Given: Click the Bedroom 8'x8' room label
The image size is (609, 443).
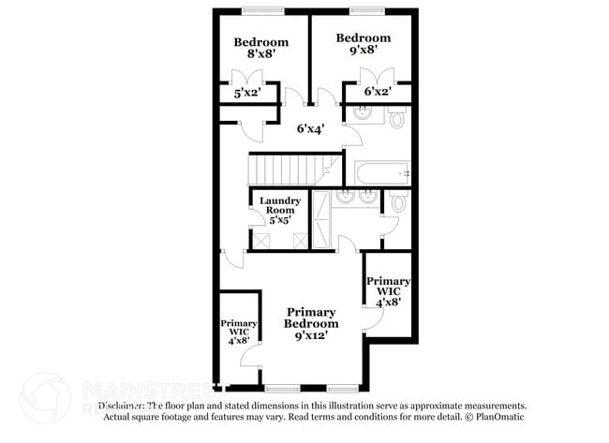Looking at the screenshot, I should point(260,49).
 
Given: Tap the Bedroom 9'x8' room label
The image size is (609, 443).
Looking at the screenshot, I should point(363,44).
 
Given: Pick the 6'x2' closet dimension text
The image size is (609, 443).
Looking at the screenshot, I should point(377,92).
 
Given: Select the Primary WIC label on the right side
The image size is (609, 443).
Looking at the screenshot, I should point(387,291).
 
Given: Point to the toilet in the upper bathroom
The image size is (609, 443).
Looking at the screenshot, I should point(396,119).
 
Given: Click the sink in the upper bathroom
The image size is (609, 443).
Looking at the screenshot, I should point(363,114).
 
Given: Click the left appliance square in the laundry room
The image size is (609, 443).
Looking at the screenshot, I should point(262,240).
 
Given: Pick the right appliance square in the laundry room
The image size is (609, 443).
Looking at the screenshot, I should point(299,240).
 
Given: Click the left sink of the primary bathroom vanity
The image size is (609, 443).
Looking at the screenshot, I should point(345,198).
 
